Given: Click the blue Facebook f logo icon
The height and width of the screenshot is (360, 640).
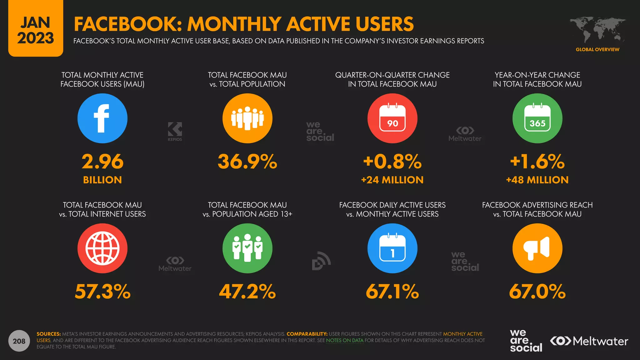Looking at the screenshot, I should tap(102, 118).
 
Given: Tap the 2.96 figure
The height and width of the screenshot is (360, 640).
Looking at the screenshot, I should tap(102, 162).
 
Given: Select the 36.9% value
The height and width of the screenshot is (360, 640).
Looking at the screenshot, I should tap(247, 162).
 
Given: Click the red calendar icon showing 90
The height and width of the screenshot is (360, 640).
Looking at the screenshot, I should tap(392, 118).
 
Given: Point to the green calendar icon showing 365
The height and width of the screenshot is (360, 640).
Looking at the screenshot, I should tap(537, 118).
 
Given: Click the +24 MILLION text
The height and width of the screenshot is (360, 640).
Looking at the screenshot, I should tap(392, 180).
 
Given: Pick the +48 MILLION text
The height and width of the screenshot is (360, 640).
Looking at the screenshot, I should tap(537, 180).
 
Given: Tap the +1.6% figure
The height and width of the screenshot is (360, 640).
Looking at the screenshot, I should tap(537, 162).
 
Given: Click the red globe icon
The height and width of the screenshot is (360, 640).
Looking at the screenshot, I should tap(102, 248).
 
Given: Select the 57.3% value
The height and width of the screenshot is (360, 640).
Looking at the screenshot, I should tap(102, 292).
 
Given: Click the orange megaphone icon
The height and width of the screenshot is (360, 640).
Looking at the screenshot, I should tap(537, 248).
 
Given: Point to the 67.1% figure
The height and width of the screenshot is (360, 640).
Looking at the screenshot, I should tap(392, 292).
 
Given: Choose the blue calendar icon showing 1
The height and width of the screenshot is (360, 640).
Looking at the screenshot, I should tap(392, 248).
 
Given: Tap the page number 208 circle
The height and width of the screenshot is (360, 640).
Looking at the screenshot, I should tap(19, 341).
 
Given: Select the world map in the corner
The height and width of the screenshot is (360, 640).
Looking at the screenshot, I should tap(597, 30).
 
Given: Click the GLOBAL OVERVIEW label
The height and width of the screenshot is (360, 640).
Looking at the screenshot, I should tap(597, 49).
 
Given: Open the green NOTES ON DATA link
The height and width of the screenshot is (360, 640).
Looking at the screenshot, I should tap(345, 340).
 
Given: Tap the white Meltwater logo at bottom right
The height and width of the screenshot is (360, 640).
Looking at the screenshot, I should tap(589, 341).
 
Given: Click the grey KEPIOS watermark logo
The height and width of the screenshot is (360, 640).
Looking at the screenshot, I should tap(175, 132).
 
